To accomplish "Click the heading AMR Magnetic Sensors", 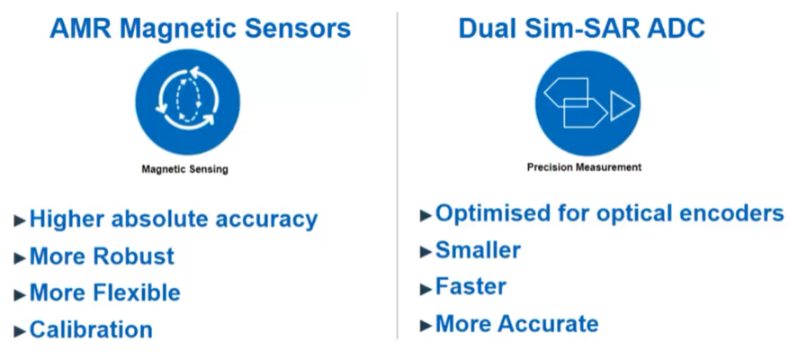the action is coord(200,29).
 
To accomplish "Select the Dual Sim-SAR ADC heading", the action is coord(581,29).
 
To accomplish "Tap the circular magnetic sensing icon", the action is coord(187,102).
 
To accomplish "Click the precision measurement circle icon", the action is coord(587,103).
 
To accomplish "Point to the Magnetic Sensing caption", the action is coord(184,169).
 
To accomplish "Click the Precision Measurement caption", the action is coord(584,167).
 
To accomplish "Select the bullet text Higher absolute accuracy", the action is coord(174,219).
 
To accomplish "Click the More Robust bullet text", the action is coord(102,256).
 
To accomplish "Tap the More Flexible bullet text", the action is coord(105,292).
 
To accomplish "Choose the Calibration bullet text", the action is coord(91,329).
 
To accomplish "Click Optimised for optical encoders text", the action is coord(609,213).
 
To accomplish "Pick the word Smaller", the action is coord(478,250).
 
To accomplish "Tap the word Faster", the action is coord(471,287).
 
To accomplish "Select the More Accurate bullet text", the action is coord(517,324).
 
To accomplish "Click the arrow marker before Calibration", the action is coord(20,331).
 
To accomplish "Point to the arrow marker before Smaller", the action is coord(426,251).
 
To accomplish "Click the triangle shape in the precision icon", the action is coord(622,106).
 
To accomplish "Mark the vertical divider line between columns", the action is coord(397,175).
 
